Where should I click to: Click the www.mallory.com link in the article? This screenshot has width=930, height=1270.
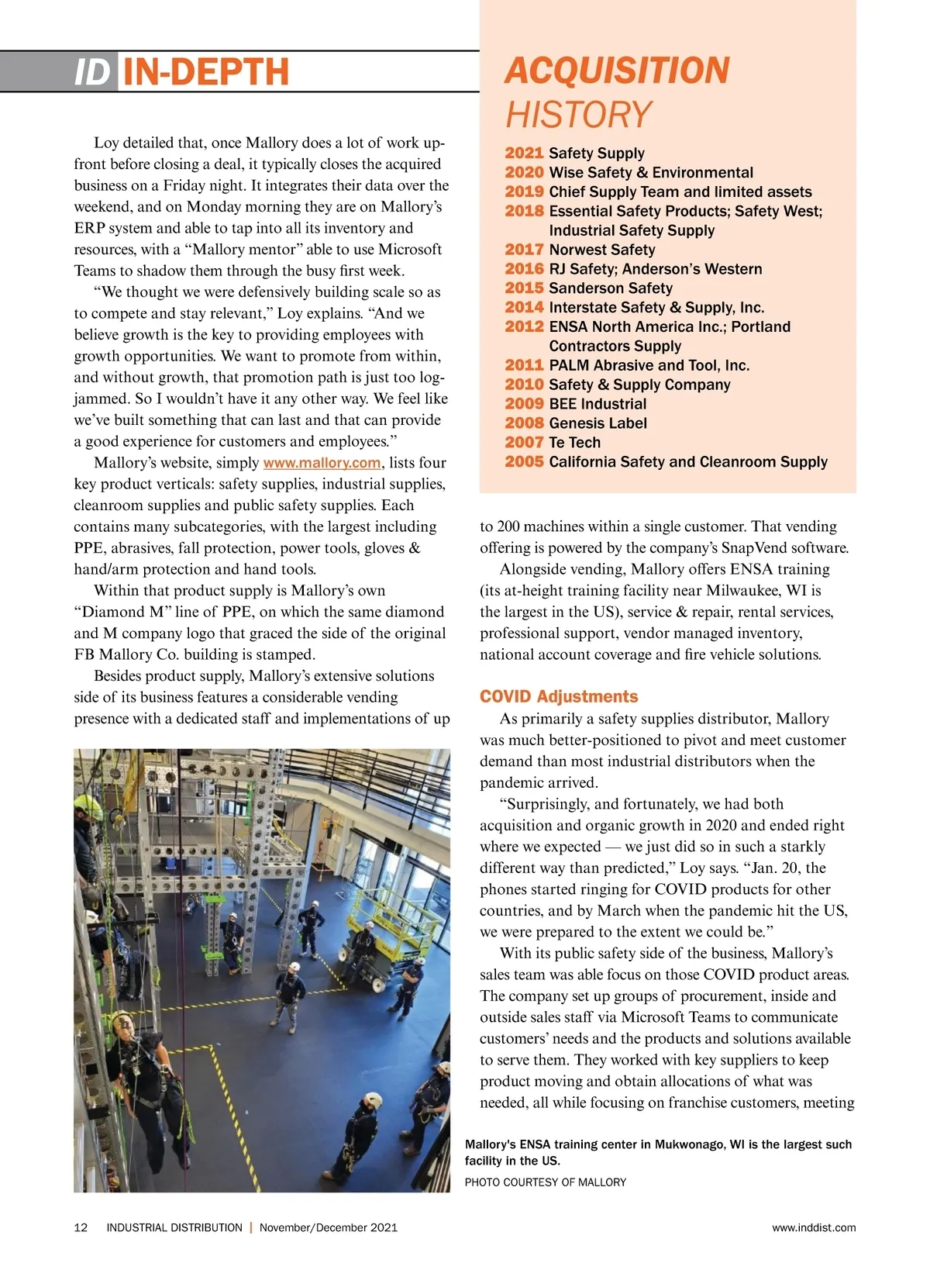click(322, 463)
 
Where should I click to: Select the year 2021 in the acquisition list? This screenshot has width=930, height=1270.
click(524, 154)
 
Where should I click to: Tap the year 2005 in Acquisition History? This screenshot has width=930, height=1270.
click(524, 462)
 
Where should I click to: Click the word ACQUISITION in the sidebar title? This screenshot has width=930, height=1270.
click(617, 71)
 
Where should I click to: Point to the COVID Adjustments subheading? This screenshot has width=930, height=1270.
click(559, 696)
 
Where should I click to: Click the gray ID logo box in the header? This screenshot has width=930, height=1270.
click(94, 72)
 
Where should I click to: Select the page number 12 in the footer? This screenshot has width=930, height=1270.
click(81, 1227)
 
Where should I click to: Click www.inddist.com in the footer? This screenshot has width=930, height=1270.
click(814, 1227)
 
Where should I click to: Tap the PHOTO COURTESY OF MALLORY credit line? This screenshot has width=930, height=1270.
click(545, 1182)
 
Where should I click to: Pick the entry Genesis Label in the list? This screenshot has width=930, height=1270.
click(598, 423)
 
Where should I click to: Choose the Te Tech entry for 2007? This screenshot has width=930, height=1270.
click(574, 443)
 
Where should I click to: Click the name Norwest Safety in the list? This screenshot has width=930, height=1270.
click(601, 250)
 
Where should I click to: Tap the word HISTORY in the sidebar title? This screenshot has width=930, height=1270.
click(579, 115)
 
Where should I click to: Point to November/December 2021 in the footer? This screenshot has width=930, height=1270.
click(328, 1227)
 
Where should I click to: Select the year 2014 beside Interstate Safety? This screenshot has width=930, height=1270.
click(524, 308)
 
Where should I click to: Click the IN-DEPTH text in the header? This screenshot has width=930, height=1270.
click(205, 72)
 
